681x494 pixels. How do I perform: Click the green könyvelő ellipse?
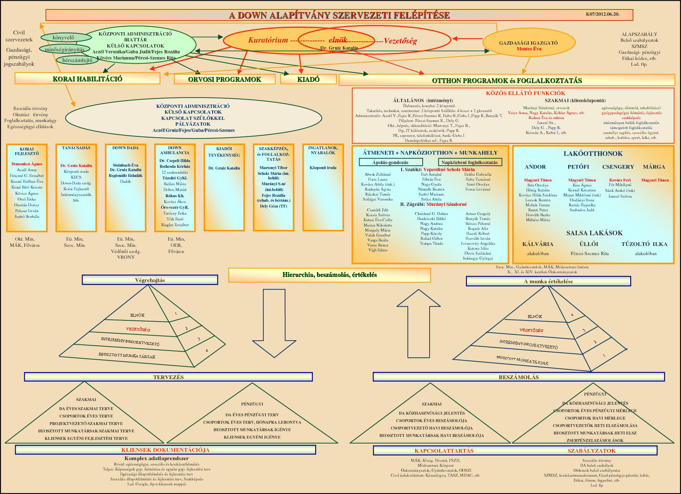[63, 38]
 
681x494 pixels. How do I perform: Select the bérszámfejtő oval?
[77, 60]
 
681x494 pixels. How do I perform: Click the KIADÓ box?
[308, 79]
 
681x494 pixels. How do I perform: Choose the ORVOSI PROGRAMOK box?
[225, 79]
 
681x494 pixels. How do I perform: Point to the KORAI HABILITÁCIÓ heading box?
[87, 79]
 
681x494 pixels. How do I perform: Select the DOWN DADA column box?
[125, 187]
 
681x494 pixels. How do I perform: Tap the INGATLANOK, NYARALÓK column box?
[323, 187]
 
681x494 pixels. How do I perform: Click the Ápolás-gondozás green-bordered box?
[390, 162]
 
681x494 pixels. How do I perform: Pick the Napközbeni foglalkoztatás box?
[469, 162]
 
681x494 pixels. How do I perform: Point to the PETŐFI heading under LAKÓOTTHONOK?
[578, 167]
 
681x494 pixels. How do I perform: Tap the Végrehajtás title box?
[150, 280]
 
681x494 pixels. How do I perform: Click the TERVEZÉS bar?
[168, 377]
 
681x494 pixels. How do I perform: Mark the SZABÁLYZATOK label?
[591, 451]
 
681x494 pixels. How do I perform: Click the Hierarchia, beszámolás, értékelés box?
[329, 275]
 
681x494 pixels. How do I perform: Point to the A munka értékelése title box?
[548, 282]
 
